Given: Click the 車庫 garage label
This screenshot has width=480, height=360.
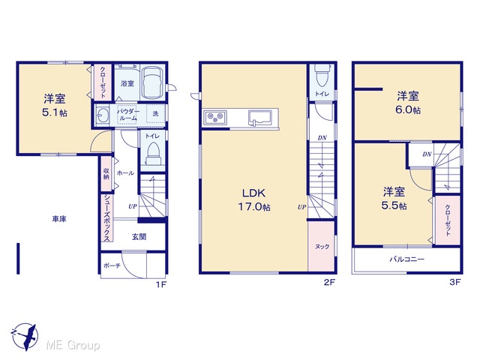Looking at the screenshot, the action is tap(59, 219).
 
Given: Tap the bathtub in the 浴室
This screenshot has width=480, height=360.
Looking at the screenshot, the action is tap(153, 82).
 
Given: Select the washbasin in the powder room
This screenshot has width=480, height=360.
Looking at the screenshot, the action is tap(100, 115).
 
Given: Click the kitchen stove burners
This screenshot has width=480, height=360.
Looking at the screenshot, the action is tap(215, 117).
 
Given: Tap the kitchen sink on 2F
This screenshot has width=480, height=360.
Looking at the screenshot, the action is tap(259, 118).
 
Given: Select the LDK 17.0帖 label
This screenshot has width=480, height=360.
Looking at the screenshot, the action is tap(254, 200).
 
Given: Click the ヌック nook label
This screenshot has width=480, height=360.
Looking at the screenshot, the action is tap(322, 247).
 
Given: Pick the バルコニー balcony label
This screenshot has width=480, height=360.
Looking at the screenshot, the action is tap(406, 259).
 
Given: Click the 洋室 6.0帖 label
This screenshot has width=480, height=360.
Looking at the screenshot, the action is tap(408, 103).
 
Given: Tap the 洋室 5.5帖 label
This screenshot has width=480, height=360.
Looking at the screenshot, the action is tap(394, 199).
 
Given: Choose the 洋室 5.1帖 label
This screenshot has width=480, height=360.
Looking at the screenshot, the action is tap(55, 105).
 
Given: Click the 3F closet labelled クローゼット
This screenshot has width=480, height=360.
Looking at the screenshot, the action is tap(448, 220).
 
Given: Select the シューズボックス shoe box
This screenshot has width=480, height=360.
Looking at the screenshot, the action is tap(106, 217).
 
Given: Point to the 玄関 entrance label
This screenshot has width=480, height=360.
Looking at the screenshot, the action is tap(139, 237).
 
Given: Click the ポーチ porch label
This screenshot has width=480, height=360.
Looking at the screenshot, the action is tap(112, 265).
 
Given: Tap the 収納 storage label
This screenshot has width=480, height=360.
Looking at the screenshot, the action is tap(106, 174).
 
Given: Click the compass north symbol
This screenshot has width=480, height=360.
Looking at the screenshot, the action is tap(25, 336).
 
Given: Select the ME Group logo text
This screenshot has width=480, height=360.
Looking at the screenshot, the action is tap(73, 345).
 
